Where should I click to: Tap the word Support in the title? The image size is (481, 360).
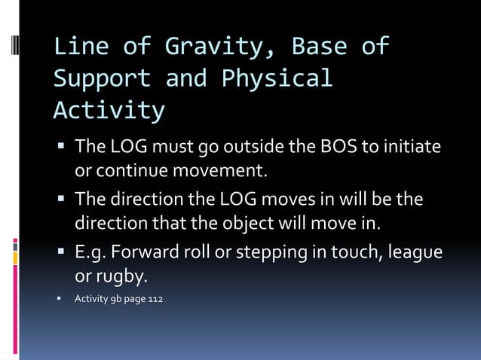click(x=102, y=79)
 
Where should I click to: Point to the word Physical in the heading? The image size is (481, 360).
click(x=277, y=79)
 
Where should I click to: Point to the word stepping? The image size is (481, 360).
click(x=268, y=254)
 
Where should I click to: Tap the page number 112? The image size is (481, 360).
click(x=153, y=300)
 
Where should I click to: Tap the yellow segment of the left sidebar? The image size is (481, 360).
click(x=15, y=258)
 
